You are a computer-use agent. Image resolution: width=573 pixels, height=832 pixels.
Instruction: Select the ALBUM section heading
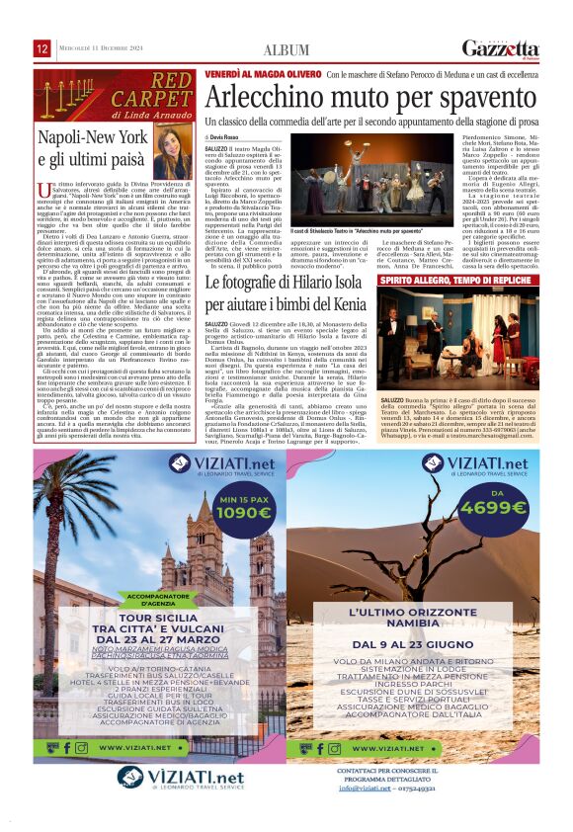click(286, 49)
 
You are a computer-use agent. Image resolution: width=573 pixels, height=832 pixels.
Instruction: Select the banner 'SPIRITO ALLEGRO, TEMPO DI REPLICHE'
click(470, 282)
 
